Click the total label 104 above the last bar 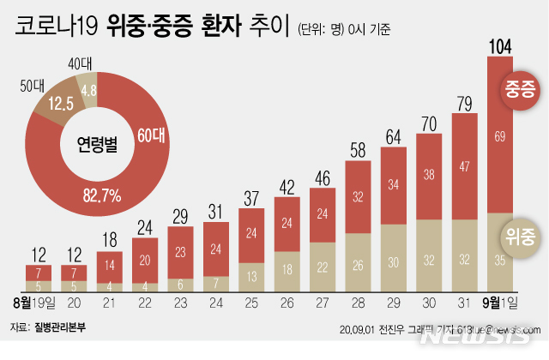click(x=501, y=44)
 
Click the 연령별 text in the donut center click(x=92, y=140)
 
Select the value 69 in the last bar click(x=500, y=136)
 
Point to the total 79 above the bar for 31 click(x=465, y=105)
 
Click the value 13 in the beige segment click(x=251, y=276)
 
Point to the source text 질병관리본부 click(x=60, y=328)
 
